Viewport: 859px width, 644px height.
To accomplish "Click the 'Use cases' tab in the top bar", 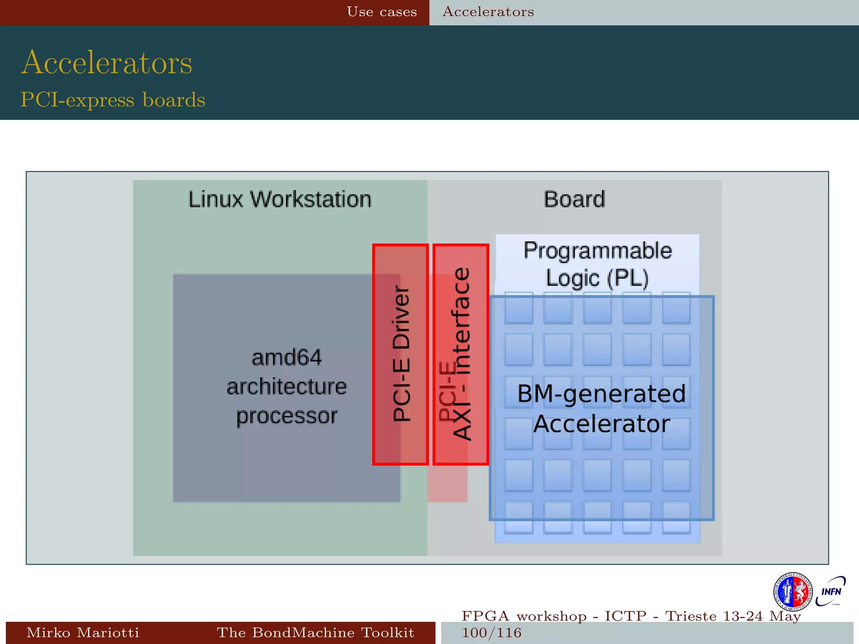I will [382, 12].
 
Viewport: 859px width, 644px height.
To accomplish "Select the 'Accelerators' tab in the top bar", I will [488, 12].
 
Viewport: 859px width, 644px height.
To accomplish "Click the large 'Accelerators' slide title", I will [107, 62].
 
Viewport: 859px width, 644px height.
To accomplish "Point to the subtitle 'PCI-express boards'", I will [113, 100].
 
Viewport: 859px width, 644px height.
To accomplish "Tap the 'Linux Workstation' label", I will [280, 199].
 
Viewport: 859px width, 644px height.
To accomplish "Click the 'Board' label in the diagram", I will [574, 199].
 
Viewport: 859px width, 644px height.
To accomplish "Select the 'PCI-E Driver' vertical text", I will [401, 353].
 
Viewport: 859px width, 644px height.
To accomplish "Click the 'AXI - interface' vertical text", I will [463, 353].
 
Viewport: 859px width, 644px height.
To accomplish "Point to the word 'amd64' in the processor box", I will [286, 358].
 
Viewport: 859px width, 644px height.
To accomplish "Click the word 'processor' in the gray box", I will [286, 415].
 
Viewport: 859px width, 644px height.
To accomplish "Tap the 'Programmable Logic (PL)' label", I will [597, 264].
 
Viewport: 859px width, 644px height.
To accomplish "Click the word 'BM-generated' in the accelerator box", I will [601, 394].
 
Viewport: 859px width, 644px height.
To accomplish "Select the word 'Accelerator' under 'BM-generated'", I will [601, 424].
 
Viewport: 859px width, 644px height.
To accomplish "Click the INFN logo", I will [830, 591].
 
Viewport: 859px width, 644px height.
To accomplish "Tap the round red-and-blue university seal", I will [792, 592].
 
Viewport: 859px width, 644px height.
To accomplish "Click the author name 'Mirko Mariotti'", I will [83, 632].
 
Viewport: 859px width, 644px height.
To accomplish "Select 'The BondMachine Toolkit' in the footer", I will [315, 632].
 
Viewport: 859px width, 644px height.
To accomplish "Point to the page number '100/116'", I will [492, 633].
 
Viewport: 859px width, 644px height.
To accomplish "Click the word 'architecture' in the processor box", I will [286, 387].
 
